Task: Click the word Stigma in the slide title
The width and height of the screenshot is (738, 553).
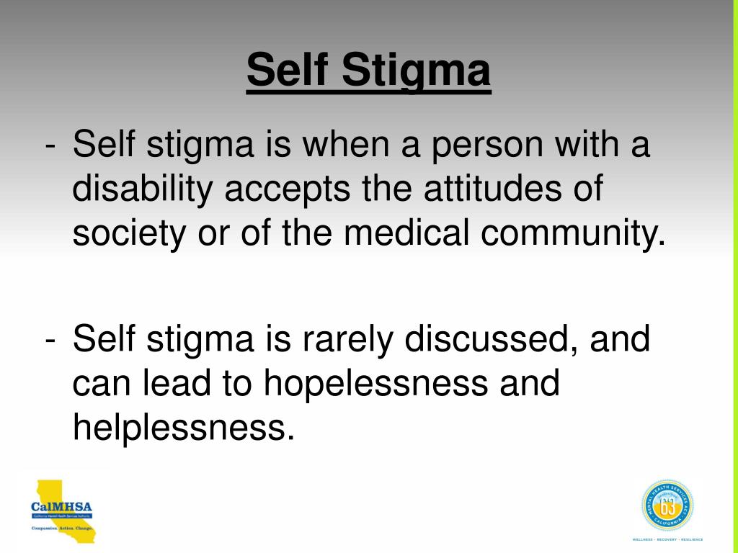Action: pos(417,72)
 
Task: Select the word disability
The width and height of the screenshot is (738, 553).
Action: pos(143,190)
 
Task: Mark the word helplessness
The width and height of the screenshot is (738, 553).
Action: pos(183,427)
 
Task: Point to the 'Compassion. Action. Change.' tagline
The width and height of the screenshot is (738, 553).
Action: pos(62,529)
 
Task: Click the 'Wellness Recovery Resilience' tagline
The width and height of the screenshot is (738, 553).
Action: pos(667,539)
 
